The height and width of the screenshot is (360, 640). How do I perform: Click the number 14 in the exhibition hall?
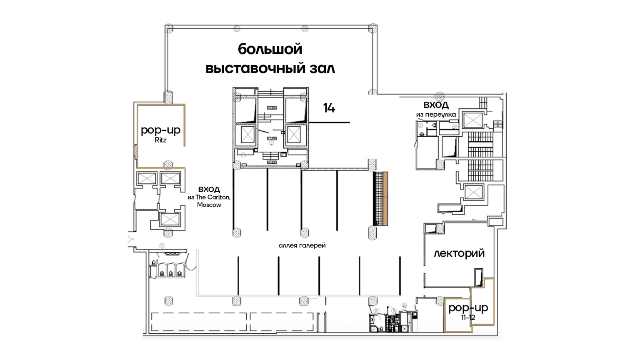(x=329, y=108)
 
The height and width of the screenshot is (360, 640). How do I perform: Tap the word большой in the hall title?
(x=270, y=49)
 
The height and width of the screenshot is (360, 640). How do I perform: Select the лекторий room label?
(x=459, y=253)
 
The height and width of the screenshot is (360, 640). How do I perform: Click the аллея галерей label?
(x=302, y=245)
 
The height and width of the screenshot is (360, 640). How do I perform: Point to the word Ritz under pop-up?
(x=160, y=140)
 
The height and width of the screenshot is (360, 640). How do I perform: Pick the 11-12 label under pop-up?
(x=468, y=317)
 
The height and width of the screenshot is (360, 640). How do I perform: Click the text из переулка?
(x=436, y=115)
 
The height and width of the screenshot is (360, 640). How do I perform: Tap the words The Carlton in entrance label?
(x=212, y=197)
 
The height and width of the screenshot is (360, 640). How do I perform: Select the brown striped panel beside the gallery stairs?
(x=385, y=198)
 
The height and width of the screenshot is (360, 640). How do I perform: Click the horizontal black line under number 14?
(x=329, y=122)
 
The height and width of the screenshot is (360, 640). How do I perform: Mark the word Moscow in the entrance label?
(x=209, y=205)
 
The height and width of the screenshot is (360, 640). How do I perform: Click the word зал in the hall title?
(x=322, y=68)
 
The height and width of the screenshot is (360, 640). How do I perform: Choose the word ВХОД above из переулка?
(x=436, y=105)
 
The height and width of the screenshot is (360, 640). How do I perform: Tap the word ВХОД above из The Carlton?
(x=209, y=189)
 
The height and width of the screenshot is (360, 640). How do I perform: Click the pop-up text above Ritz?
(x=160, y=130)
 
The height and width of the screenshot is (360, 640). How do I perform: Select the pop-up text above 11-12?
(x=468, y=308)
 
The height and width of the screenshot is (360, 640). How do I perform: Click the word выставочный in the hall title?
(x=255, y=68)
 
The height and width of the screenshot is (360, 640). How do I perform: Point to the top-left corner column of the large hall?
(x=169, y=29)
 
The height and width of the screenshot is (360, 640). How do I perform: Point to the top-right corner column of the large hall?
(x=373, y=29)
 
